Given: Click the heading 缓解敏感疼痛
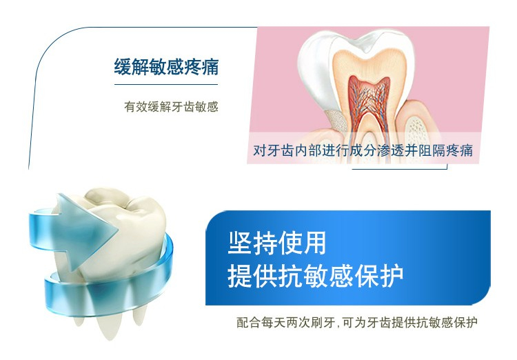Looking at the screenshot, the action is pos(166,67).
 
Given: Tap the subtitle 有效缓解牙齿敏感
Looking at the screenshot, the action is pos(171,107).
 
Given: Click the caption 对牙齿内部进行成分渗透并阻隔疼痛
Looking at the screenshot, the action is pos(363,150).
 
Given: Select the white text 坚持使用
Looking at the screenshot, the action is pos(277,243).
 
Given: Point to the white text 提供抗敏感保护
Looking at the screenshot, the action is pos(316,276).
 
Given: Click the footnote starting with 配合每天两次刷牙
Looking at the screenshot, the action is pos(357,322).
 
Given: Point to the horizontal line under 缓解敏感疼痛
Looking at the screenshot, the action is pos(166,84).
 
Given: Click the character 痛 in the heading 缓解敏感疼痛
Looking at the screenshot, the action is pos(210,67).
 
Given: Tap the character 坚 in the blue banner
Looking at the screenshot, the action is pos(240,243).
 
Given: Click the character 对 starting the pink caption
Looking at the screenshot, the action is pos(259,150).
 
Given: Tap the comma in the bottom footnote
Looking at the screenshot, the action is pos(338,326).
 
